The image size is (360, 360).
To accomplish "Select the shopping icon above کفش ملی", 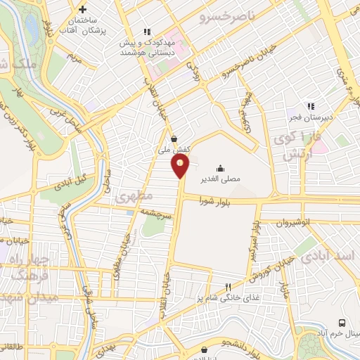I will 174,138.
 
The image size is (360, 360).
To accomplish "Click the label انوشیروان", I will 312,221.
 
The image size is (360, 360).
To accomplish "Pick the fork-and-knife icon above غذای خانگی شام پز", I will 227,287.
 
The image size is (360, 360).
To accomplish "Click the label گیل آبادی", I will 75,176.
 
